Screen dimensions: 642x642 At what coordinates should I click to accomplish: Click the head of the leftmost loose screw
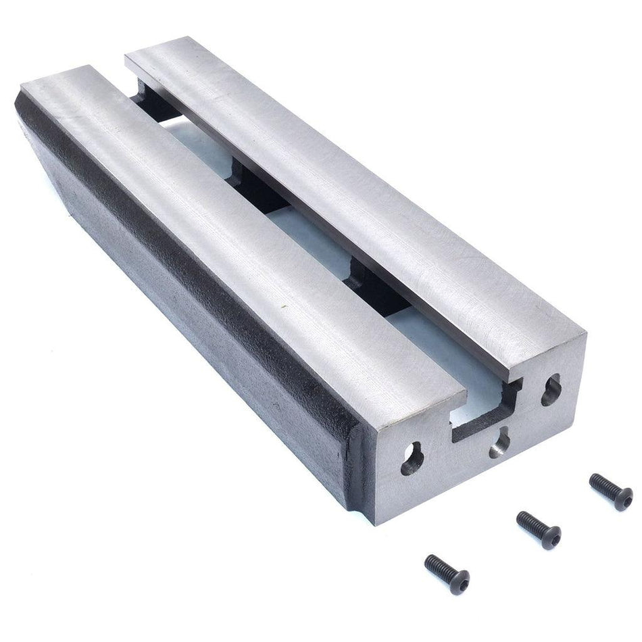pyautogui.click(x=459, y=581)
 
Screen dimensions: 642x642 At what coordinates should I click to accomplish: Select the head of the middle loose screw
pyautogui.click(x=550, y=537)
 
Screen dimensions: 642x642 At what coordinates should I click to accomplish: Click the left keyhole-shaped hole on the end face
pyautogui.click(x=412, y=460)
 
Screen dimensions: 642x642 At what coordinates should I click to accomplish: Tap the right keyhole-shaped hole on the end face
pyautogui.click(x=551, y=390)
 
